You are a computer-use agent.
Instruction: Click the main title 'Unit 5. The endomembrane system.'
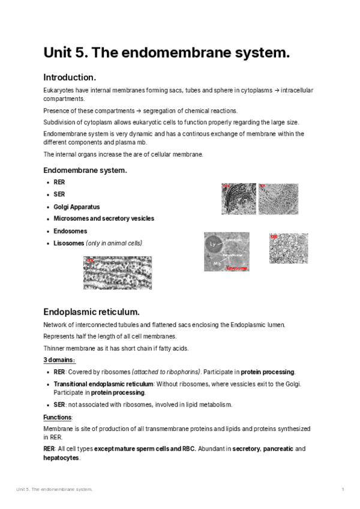click(x=166, y=53)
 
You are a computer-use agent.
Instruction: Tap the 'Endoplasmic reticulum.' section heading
click(x=91, y=312)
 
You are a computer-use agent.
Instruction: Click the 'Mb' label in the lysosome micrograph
click(x=217, y=264)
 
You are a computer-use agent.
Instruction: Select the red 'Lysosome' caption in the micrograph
click(x=236, y=268)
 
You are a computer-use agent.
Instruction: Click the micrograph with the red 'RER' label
click(x=118, y=273)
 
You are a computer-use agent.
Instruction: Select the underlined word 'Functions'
click(x=57, y=417)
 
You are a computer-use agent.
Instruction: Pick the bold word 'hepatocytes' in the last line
click(x=61, y=457)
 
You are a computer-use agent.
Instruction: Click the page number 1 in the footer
click(x=342, y=490)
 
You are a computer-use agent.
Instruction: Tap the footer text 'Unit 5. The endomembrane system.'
click(x=55, y=490)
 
